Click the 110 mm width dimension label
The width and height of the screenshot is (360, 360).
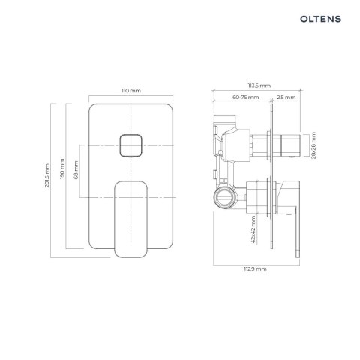pos(130,90)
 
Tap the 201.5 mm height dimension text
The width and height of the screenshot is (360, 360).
pos(46,177)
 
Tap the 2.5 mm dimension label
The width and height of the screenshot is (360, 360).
pos(286,98)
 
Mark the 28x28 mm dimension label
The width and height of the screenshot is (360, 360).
pos(314,143)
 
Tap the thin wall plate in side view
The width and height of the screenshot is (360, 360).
pos(272,180)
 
